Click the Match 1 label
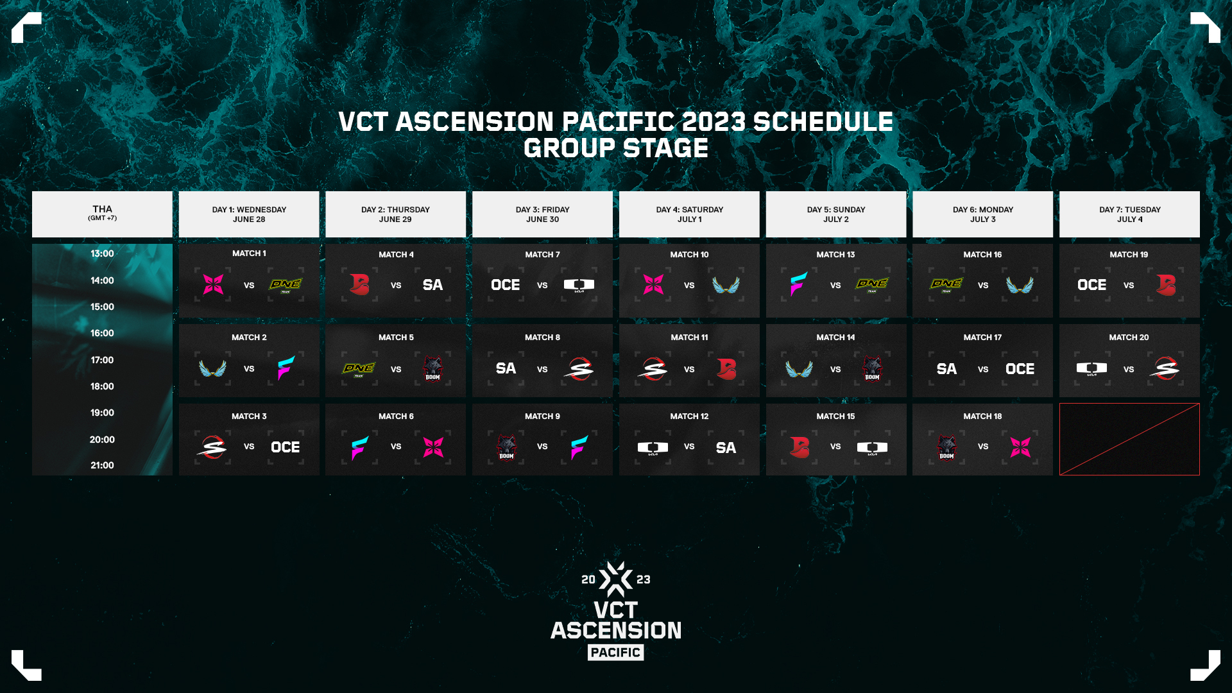click(249, 253)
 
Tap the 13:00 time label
click(102, 253)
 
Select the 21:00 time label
click(102, 465)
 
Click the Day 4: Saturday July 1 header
click(689, 214)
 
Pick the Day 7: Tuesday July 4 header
click(1129, 214)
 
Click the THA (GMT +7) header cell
click(102, 213)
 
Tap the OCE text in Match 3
click(285, 447)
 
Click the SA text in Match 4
click(432, 285)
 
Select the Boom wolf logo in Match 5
click(432, 368)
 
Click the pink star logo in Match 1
click(213, 284)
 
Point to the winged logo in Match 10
click(726, 285)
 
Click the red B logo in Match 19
click(1166, 284)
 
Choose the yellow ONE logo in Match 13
click(872, 284)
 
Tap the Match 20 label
click(1129, 338)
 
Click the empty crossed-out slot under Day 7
click(1129, 440)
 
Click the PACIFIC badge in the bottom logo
click(615, 653)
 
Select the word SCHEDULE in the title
click(823, 122)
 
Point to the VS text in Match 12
click(689, 447)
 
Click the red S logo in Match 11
click(653, 369)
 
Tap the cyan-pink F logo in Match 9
click(579, 447)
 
